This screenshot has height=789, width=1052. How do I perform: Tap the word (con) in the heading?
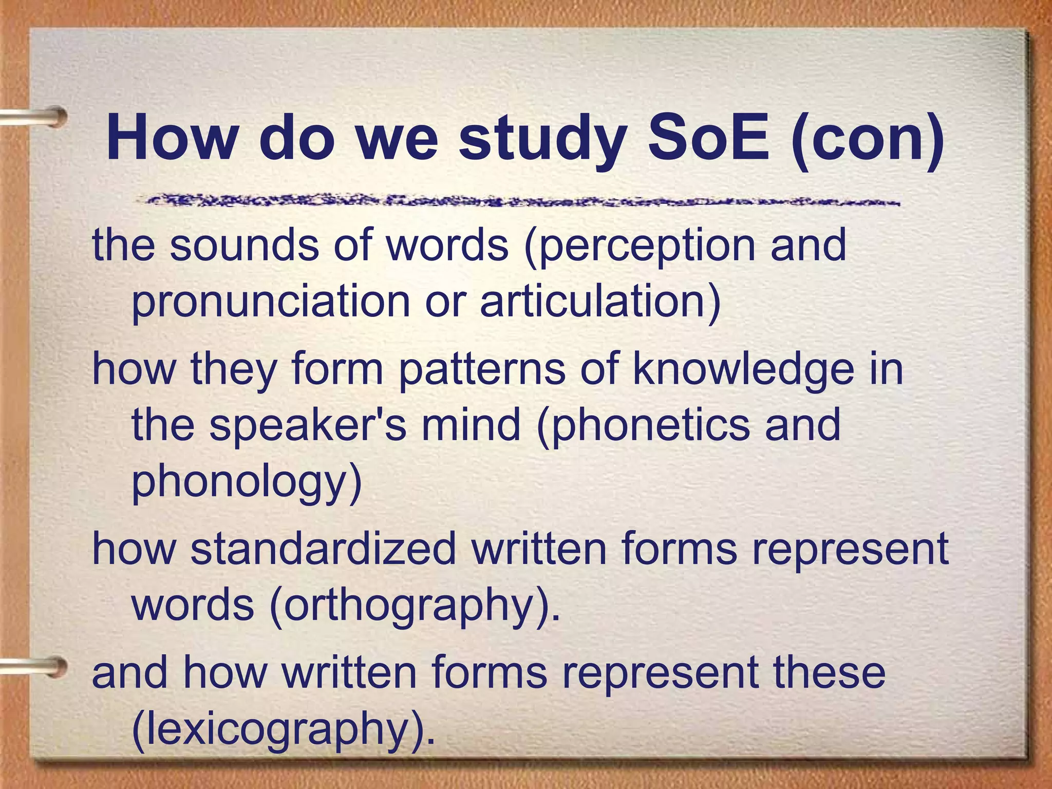point(868,140)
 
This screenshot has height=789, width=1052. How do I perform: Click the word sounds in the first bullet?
point(245,246)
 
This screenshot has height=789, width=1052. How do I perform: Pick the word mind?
point(471,425)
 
